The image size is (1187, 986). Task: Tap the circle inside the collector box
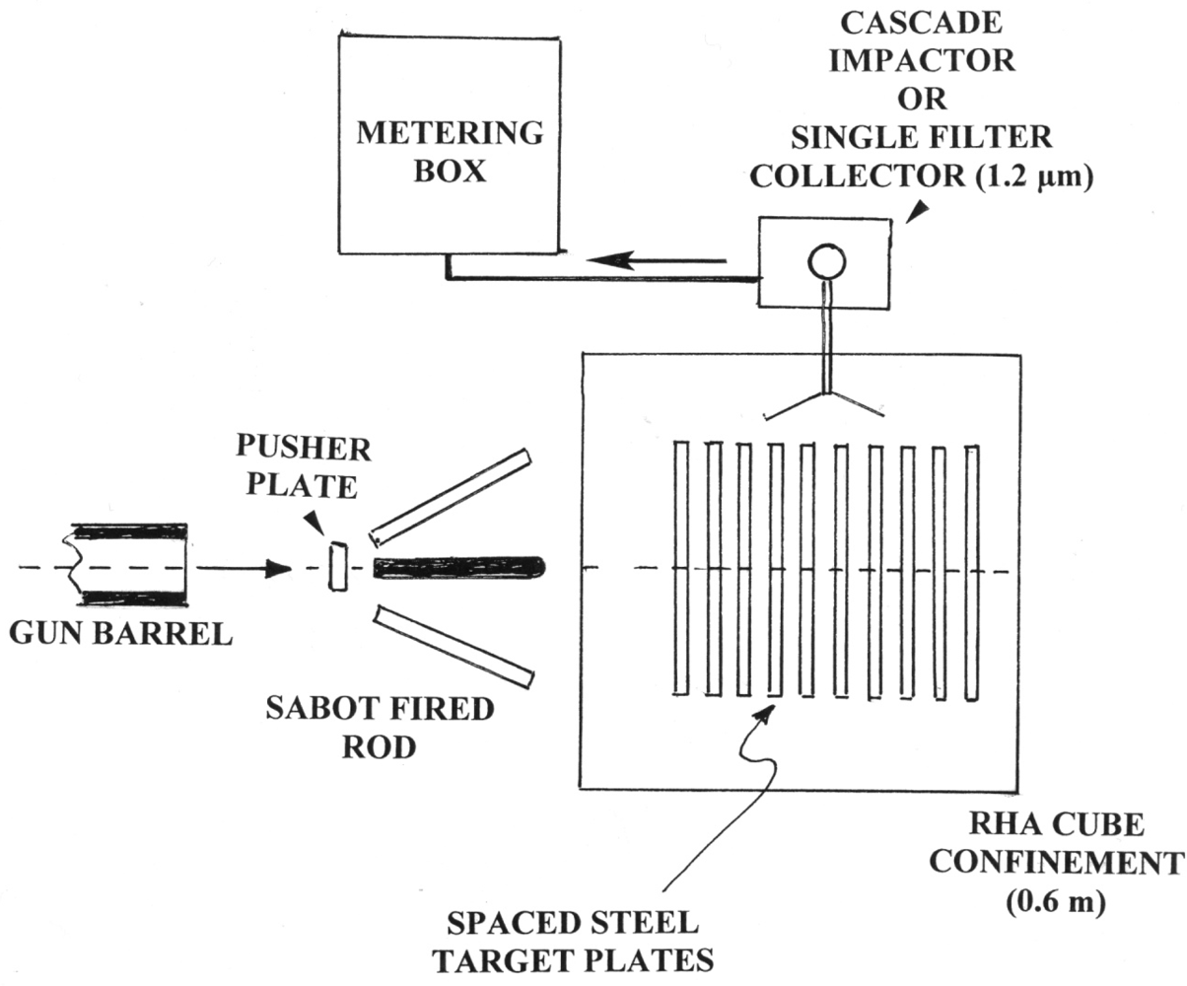coord(826,261)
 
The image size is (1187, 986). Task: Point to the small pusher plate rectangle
coord(338,567)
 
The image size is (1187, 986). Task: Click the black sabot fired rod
coord(458,567)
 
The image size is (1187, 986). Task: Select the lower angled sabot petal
coord(454,646)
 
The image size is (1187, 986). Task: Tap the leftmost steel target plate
coord(679,567)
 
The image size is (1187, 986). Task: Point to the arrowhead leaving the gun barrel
coord(279,569)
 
